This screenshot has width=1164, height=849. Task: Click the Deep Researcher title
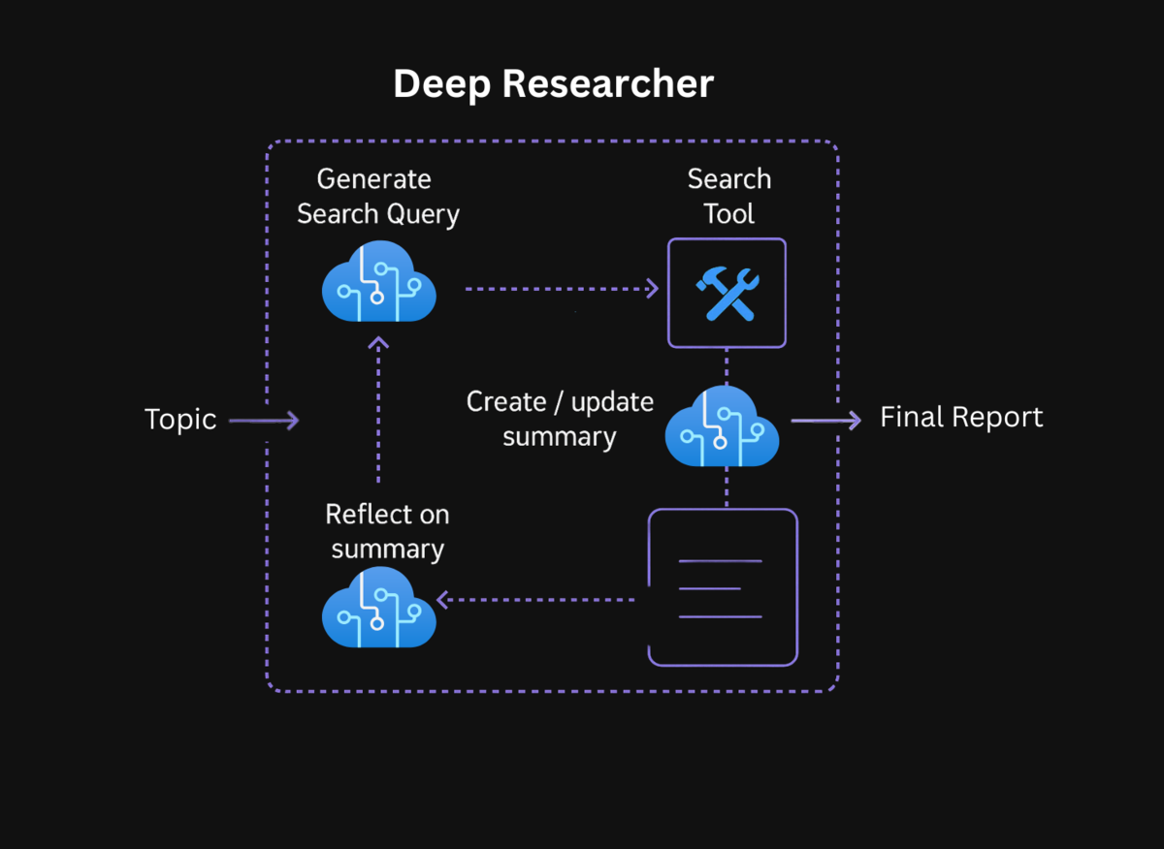pos(553,84)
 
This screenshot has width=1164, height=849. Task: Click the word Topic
pos(180,420)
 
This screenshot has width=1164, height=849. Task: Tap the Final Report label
pos(961,418)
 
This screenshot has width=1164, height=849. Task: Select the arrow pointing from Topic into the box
pos(264,421)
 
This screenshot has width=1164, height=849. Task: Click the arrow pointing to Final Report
pos(825,420)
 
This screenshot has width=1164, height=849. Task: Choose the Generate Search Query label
pos(377,196)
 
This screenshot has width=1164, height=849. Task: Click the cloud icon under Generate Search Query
pos(378,281)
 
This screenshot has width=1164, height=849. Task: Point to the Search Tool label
pos(728,196)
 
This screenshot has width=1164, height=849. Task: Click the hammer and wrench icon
pos(727,294)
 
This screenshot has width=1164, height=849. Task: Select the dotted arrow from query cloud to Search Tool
pos(561,289)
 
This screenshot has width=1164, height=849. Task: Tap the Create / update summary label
pos(560,419)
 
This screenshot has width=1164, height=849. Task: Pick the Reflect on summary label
pos(387,531)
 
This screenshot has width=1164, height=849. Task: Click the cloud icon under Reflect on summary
pos(378,608)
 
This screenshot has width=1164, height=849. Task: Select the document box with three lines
pos(723,587)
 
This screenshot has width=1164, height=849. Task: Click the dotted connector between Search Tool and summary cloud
pos(727,367)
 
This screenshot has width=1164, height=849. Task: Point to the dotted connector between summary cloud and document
pos(727,487)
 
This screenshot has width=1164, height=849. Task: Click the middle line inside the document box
pos(710,588)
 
